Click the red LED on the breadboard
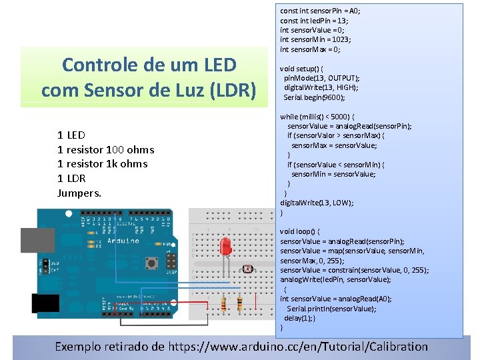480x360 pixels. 225,246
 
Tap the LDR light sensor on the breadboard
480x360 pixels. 247,269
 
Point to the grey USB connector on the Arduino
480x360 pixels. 37,240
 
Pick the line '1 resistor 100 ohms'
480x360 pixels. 106,149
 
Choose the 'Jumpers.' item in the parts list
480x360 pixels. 79,193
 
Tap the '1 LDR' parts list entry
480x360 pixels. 72,178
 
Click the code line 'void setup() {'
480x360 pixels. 302,69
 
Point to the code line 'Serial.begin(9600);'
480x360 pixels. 314,97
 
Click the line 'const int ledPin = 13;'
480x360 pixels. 314,21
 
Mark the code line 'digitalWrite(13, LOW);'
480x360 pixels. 317,203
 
